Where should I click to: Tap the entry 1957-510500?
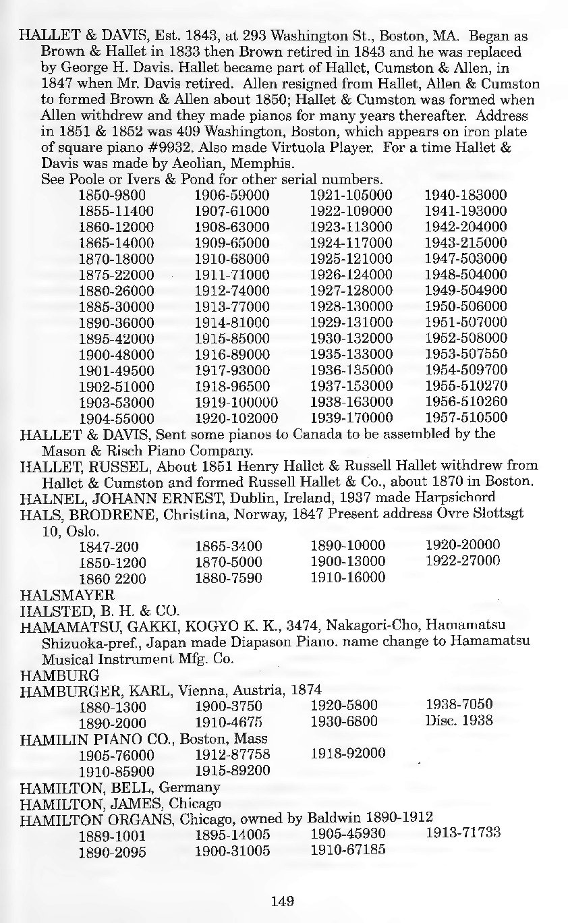[x=466, y=418]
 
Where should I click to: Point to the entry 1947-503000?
[x=466, y=258]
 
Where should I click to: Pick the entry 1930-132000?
[x=351, y=339]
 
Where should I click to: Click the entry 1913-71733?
[x=463, y=833]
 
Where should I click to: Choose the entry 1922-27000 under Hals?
[x=463, y=561]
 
